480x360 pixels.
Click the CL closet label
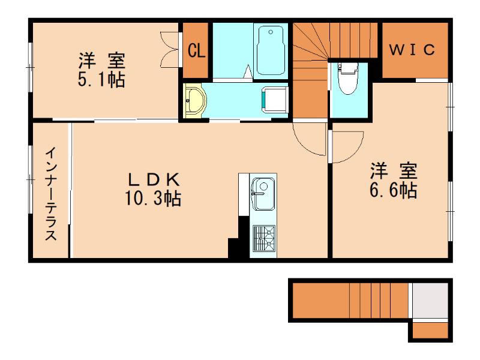[x=196, y=50]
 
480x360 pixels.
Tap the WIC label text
[x=412, y=50]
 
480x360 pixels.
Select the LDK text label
[x=154, y=179]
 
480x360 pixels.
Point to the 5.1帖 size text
[x=101, y=80]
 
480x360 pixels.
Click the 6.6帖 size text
[x=394, y=190]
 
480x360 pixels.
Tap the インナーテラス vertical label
[x=51, y=194]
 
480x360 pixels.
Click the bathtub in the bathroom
[x=271, y=50]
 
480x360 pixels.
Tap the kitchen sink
[x=263, y=194]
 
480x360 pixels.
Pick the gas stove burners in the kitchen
[x=263, y=238]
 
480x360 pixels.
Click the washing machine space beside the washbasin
[x=275, y=100]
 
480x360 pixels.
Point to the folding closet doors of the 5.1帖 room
[x=169, y=49]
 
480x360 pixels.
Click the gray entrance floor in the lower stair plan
[x=430, y=301]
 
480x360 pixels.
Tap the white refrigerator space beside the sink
[x=244, y=194]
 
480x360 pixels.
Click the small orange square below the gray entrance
[x=430, y=330]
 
